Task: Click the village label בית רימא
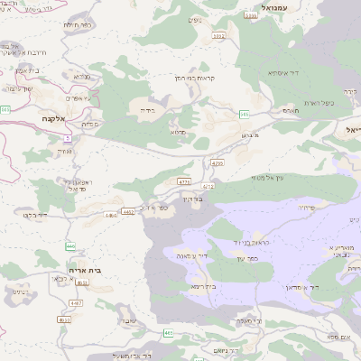click(203, 286)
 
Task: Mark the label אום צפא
click(338, 336)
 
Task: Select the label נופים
click(195, 20)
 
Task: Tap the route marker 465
click(169, 333)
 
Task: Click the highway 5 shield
click(66, 136)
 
